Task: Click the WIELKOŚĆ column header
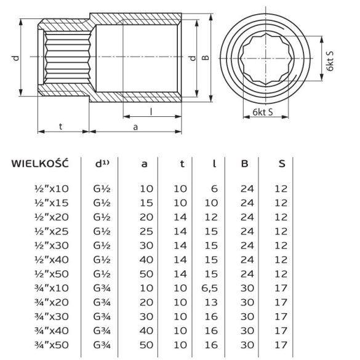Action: [39, 164]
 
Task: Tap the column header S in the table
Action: [281, 164]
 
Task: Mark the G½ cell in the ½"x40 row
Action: [103, 261]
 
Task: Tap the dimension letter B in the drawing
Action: [207, 58]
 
